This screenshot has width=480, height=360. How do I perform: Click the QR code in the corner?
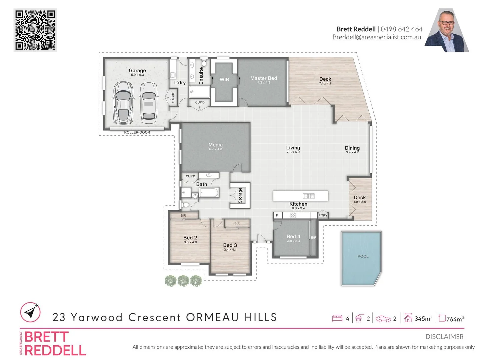click(x=35, y=30)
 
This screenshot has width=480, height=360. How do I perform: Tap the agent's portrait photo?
click(x=447, y=31)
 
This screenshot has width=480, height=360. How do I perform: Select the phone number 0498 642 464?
click(x=401, y=29)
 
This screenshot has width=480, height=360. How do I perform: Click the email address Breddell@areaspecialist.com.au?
click(x=377, y=37)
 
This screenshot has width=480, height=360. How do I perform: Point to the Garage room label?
click(x=137, y=71)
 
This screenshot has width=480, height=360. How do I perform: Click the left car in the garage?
click(x=123, y=102)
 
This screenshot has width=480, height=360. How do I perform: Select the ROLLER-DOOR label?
click(x=137, y=132)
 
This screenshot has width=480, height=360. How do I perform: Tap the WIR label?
click(x=224, y=80)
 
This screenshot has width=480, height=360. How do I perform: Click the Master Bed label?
click(x=263, y=78)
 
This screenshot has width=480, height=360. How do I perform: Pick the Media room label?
click(x=215, y=145)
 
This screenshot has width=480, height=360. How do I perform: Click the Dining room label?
click(x=352, y=148)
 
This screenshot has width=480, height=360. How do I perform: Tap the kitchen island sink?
click(x=309, y=196)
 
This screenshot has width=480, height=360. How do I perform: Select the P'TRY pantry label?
click(x=323, y=215)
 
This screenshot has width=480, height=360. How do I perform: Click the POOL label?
click(x=363, y=256)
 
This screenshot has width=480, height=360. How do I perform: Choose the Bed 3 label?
click(x=230, y=245)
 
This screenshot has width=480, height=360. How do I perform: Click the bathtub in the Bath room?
click(x=209, y=193)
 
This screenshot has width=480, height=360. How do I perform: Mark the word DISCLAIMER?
click(x=444, y=337)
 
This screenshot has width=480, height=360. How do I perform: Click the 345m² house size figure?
click(x=423, y=319)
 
